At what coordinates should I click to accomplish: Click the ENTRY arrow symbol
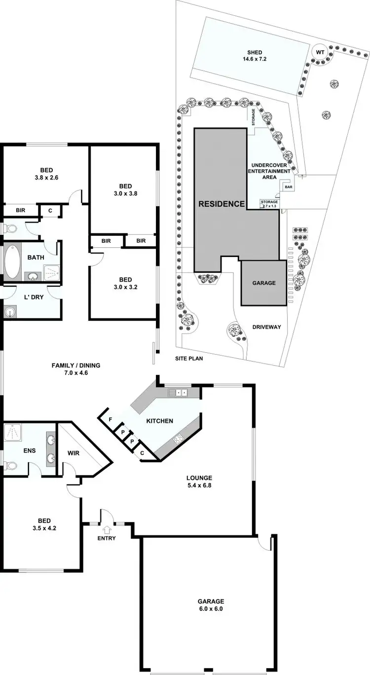coord(107,529)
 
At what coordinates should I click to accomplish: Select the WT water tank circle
coord(320,52)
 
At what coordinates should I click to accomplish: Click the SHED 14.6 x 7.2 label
coord(255,56)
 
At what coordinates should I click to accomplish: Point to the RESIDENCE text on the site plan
coord(222,204)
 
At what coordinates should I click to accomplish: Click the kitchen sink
coord(178,393)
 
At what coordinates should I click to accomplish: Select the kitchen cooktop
coord(177,437)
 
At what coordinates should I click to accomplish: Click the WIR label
coord(74,452)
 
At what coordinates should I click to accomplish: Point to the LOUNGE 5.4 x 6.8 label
coord(199,482)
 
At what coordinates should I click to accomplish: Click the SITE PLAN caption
coord(189,359)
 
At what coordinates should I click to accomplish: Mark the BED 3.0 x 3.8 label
coord(125,190)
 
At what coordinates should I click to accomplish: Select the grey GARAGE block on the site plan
coord(263,283)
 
